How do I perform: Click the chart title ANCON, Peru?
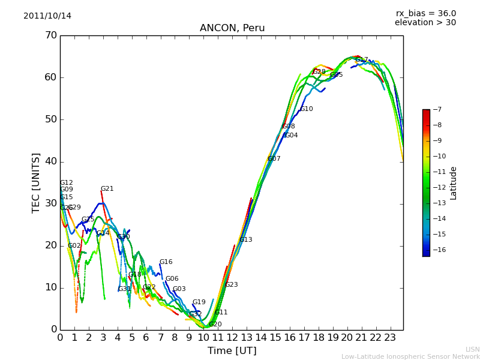click(232, 28)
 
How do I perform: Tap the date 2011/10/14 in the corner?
click(47, 16)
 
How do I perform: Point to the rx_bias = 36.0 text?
click(425, 13)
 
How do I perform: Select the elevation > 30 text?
click(425, 23)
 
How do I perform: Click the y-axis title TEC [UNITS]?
click(36, 182)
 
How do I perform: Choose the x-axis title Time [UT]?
click(232, 350)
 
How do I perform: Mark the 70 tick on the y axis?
click(50, 35)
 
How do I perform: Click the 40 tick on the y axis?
click(50, 161)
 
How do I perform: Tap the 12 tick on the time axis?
click(232, 337)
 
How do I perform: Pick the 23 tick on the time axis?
click(390, 337)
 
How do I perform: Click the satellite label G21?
click(107, 189)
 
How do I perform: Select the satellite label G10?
click(306, 109)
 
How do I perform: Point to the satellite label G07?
click(274, 159)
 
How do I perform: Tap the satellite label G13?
click(245, 240)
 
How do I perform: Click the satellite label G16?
click(166, 262)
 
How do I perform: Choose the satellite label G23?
click(231, 285)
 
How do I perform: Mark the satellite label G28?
click(319, 72)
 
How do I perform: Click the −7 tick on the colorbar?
click(436, 109)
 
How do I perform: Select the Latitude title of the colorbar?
click(454, 182)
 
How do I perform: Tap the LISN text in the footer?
click(472, 349)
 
